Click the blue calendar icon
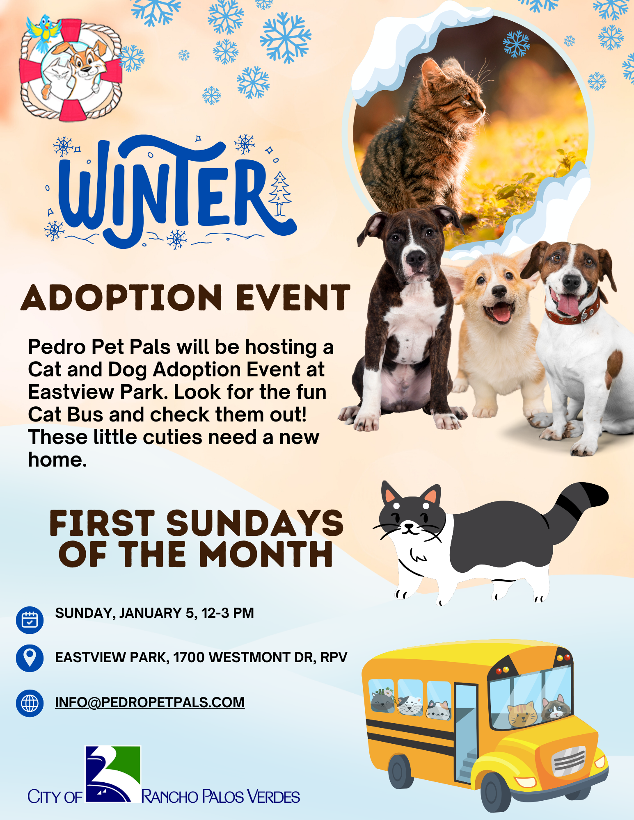30,620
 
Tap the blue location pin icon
30,658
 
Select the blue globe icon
30,703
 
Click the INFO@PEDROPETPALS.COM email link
150,702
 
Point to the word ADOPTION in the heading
121,298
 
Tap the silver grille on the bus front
568,761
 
